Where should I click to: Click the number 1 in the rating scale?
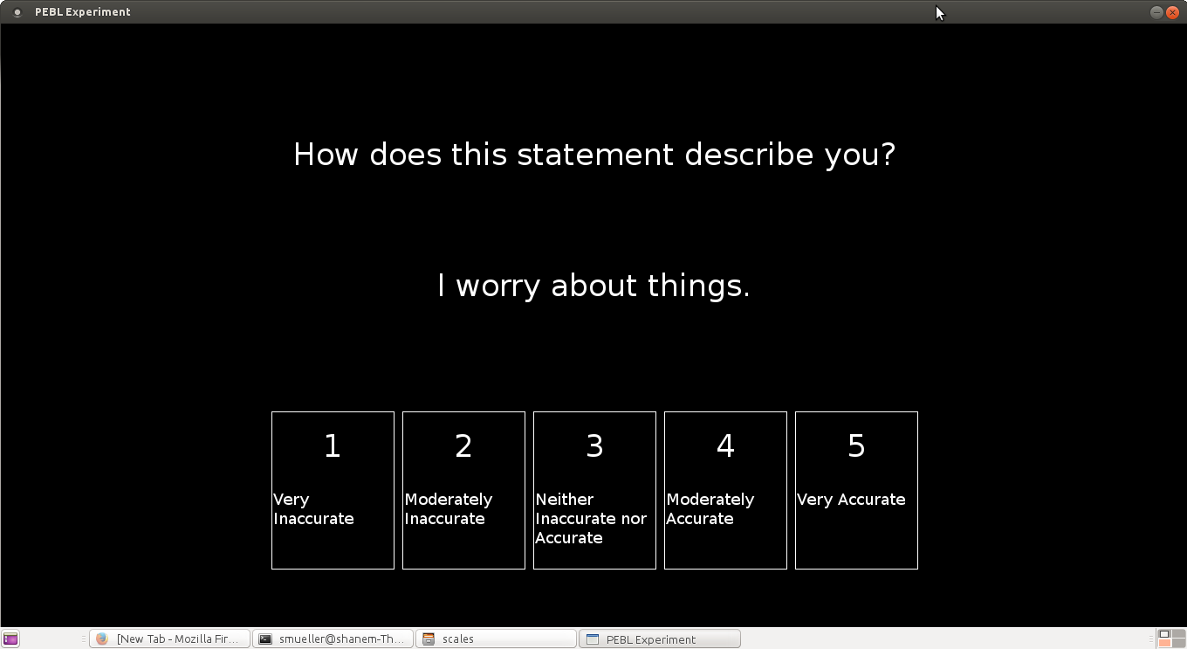[333, 446]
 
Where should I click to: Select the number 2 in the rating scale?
[463, 446]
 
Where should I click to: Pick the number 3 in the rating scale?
[594, 446]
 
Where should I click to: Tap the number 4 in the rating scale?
[725, 446]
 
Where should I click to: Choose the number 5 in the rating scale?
[856, 446]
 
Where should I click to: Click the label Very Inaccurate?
[313, 509]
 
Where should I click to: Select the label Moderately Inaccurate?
[448, 509]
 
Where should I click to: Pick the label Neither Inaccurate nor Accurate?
[591, 519]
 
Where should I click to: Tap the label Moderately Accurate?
[710, 509]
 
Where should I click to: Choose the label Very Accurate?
[851, 500]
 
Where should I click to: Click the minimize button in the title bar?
[1156, 12]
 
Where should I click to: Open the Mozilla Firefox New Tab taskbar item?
[169, 639]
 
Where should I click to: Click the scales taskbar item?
[496, 639]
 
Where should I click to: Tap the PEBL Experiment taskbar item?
[659, 639]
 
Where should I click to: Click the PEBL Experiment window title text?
[82, 12]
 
